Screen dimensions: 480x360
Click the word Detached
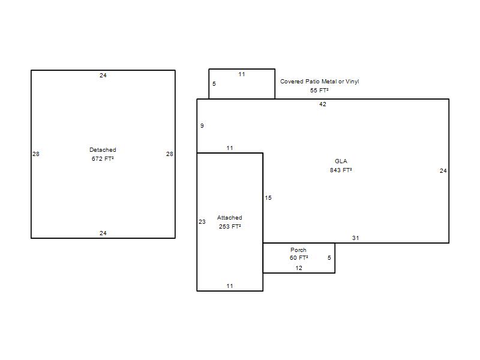tap(103, 149)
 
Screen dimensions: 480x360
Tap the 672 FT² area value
tap(103, 158)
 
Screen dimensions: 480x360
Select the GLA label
tap(341, 161)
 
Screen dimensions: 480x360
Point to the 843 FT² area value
tap(341, 170)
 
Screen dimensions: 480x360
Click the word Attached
tap(230, 217)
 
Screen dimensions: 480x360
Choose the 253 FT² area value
tap(230, 227)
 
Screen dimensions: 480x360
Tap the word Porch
tap(298, 250)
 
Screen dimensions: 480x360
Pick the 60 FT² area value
tap(299, 258)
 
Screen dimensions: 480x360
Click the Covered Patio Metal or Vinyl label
tap(320, 81)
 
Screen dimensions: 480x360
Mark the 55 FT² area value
tap(320, 91)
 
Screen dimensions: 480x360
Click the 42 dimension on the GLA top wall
tap(323, 104)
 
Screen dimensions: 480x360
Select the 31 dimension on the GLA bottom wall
tap(355, 238)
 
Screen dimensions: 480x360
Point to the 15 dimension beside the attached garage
tap(268, 198)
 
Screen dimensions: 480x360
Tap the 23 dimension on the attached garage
tap(202, 221)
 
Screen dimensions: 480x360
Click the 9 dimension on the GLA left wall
tap(202, 125)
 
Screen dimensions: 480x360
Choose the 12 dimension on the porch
tap(299, 268)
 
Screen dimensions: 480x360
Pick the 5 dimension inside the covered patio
tap(214, 83)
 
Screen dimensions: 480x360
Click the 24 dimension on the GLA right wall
tap(443, 171)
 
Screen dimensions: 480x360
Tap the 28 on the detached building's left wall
tap(36, 154)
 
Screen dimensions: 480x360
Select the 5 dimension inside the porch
tap(329, 258)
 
